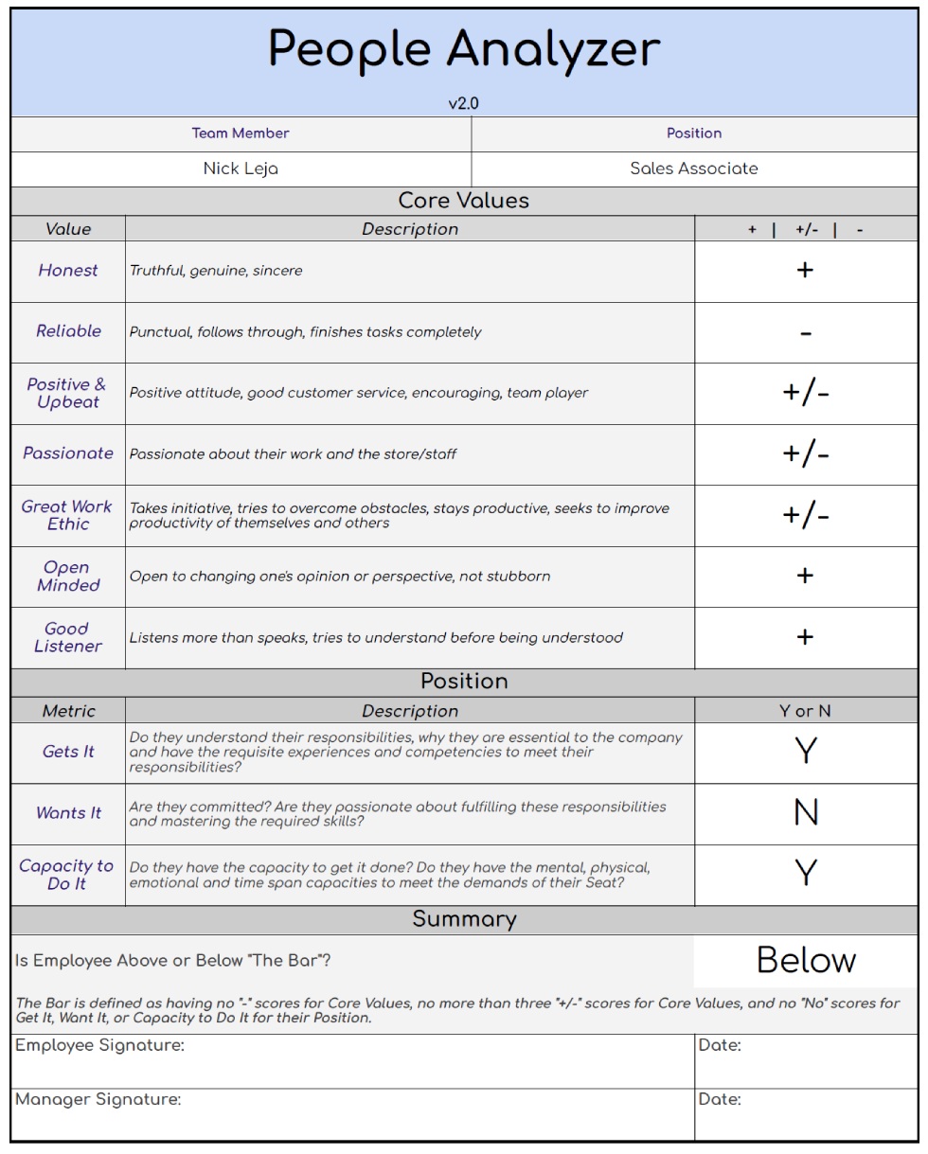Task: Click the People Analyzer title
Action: click(464, 49)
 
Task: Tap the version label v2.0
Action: click(464, 103)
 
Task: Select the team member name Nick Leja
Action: click(241, 169)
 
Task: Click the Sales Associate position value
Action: click(694, 169)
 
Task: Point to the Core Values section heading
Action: click(464, 201)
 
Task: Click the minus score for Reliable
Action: click(805, 333)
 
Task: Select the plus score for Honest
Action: click(805, 271)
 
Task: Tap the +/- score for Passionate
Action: click(806, 454)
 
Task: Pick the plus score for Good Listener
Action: click(805, 637)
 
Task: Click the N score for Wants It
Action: click(806, 813)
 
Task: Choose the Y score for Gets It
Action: click(806, 752)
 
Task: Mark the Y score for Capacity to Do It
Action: click(806, 874)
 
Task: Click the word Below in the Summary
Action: click(806, 961)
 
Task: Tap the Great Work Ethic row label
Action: click(67, 515)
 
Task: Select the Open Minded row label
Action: click(67, 577)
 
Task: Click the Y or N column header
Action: click(805, 711)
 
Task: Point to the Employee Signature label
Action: click(99, 1045)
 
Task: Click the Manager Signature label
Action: click(98, 1100)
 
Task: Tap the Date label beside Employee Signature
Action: click(720, 1045)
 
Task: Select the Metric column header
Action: click(68, 711)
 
